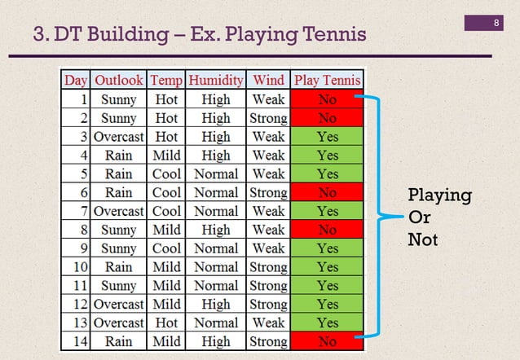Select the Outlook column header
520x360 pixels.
tap(118, 80)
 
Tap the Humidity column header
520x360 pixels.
tap(215, 80)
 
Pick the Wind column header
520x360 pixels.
tap(268, 80)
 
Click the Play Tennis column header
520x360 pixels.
tap(327, 80)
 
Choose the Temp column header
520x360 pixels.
tap(166, 80)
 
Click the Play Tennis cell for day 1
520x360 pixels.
tap(327, 99)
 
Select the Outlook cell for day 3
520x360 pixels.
tap(118, 136)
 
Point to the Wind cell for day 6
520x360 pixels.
tap(268, 193)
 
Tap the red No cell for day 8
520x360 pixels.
tap(327, 230)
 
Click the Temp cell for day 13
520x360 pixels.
tap(166, 323)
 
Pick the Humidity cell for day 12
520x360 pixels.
tap(215, 304)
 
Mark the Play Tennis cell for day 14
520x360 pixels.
tap(327, 341)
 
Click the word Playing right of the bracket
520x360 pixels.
tap(439, 196)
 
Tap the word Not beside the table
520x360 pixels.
tap(423, 240)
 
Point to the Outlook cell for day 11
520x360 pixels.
tap(118, 286)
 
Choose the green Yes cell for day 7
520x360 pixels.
tap(327, 211)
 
